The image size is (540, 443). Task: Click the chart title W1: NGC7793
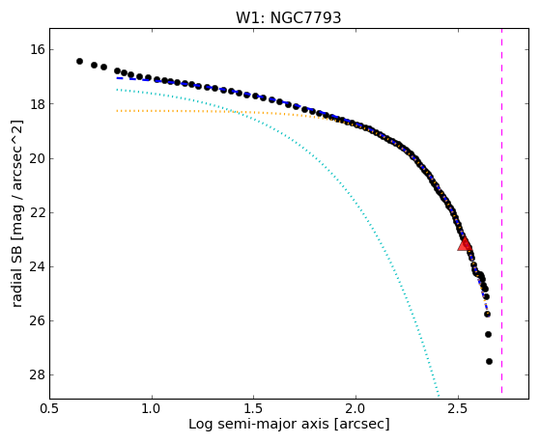click(288, 18)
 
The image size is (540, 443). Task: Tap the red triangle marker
click(465, 244)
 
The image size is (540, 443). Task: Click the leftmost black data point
click(79, 61)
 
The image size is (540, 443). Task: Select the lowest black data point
click(489, 361)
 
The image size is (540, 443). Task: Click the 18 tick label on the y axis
click(38, 104)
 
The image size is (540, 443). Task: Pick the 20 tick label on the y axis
click(38, 158)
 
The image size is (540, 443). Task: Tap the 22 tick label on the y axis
click(38, 212)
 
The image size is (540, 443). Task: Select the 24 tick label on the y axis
click(38, 266)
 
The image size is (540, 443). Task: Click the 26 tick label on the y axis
click(38, 320)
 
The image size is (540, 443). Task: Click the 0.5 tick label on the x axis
click(49, 409)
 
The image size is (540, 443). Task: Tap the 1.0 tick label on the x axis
click(152, 409)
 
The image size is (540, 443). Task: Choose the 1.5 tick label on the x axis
click(254, 409)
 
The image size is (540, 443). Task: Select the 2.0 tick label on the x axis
click(356, 409)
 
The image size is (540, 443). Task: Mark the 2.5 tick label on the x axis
click(458, 409)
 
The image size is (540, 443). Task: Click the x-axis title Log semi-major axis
click(259, 425)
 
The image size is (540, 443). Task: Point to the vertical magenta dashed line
click(501, 211)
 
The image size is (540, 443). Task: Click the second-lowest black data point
click(488, 334)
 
